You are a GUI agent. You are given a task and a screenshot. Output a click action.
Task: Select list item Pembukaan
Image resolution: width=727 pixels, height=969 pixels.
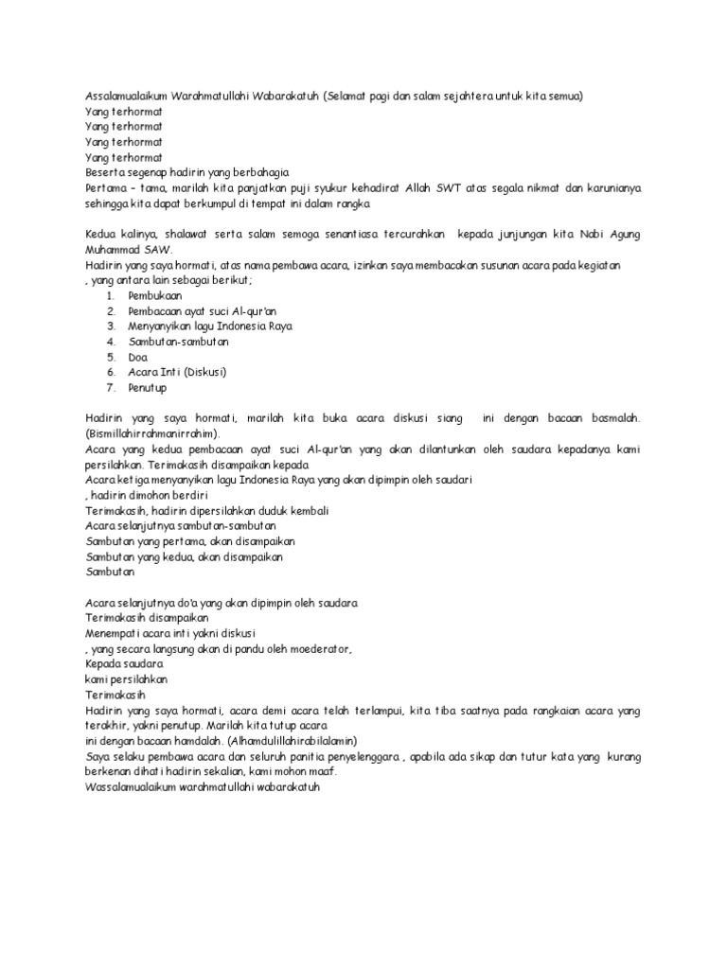click(x=156, y=295)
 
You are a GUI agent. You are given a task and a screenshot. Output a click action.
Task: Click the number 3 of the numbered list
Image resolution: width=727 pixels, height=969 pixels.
click(x=111, y=326)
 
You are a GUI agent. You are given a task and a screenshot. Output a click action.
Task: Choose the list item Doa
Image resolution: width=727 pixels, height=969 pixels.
click(x=139, y=356)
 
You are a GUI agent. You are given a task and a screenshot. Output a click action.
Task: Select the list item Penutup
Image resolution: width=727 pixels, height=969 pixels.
click(x=150, y=386)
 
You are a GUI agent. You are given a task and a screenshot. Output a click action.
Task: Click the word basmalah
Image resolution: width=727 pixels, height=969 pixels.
click(x=612, y=416)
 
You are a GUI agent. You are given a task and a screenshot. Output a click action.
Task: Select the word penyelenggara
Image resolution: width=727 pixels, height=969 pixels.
click(x=346, y=755)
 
